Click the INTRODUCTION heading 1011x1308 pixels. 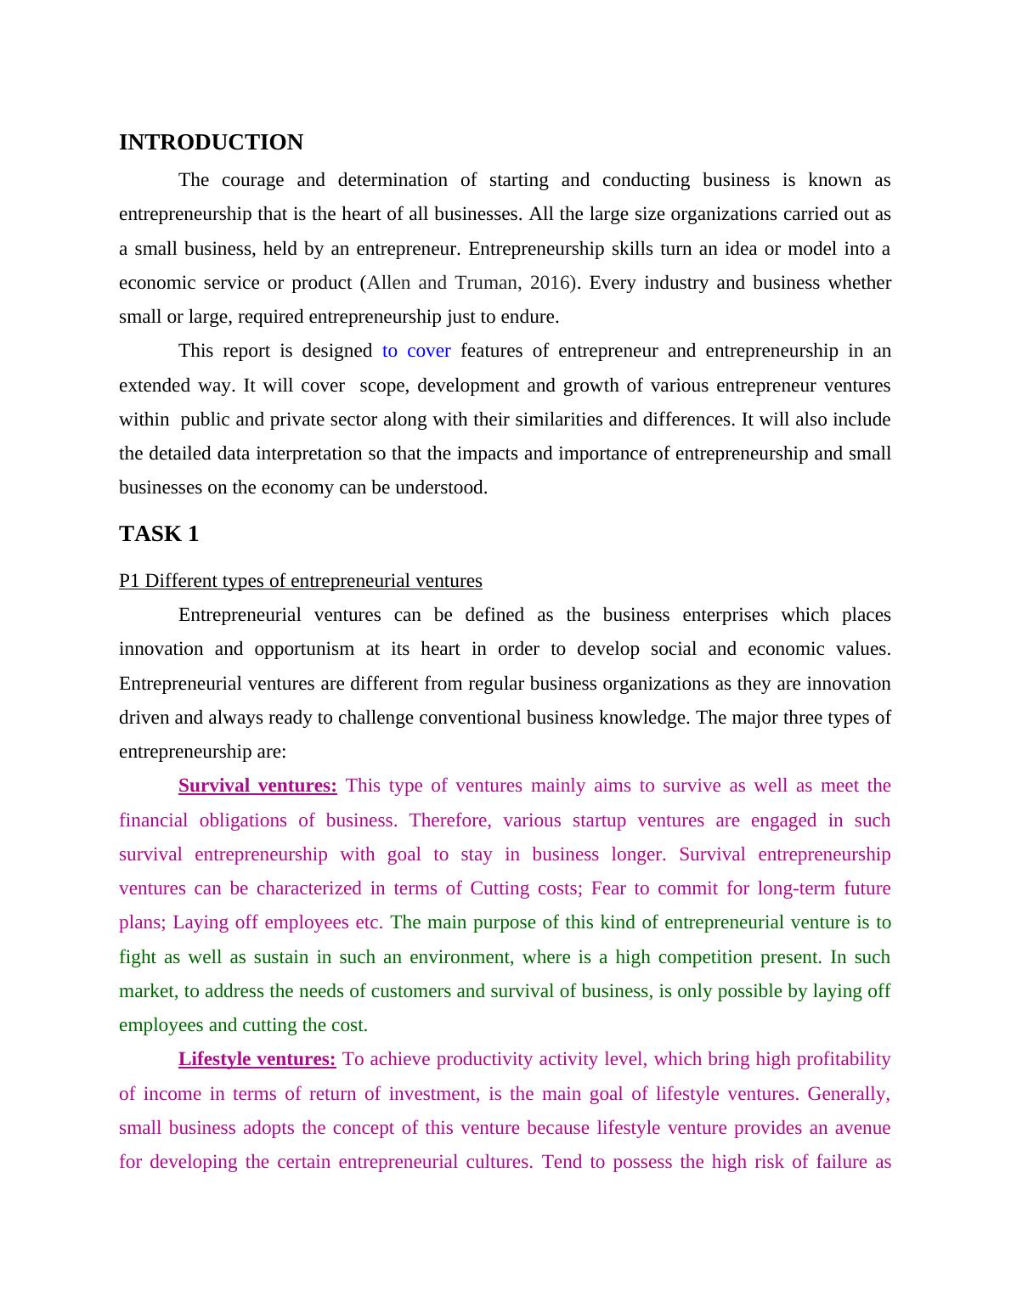point(211,143)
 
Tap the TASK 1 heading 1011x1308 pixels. point(159,534)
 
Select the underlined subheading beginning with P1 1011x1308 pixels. point(300,581)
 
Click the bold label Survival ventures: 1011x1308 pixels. point(257,786)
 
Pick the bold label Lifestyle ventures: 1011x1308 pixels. point(257,1059)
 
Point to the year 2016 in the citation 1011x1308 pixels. point(549,283)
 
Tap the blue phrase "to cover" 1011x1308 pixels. point(416,351)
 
